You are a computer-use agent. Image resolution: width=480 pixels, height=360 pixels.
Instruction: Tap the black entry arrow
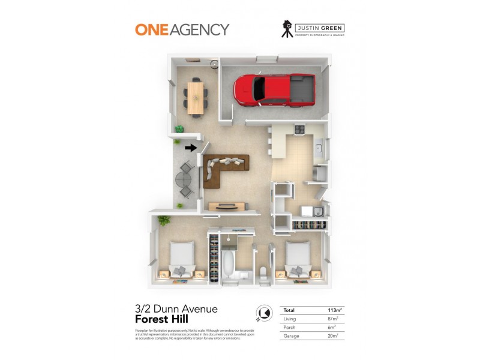pyautogui.click(x=190, y=148)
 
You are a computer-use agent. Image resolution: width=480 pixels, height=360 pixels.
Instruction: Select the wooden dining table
pyautogui.click(x=196, y=98)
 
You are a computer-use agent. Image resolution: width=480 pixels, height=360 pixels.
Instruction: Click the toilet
pyautogui.click(x=263, y=273)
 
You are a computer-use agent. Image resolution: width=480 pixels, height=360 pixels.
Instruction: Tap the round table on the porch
pyautogui.click(x=182, y=180)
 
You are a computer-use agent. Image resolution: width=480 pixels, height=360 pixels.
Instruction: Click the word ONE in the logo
pyautogui.click(x=150, y=29)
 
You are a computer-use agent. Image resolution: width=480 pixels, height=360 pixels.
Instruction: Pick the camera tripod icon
pyautogui.click(x=288, y=29)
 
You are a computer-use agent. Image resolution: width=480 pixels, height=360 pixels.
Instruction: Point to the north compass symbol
pyautogui.click(x=263, y=313)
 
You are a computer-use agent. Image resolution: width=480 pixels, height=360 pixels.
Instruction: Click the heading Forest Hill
pyautogui.click(x=161, y=320)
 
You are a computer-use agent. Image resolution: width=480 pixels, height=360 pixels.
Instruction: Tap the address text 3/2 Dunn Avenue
pyautogui.click(x=176, y=310)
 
